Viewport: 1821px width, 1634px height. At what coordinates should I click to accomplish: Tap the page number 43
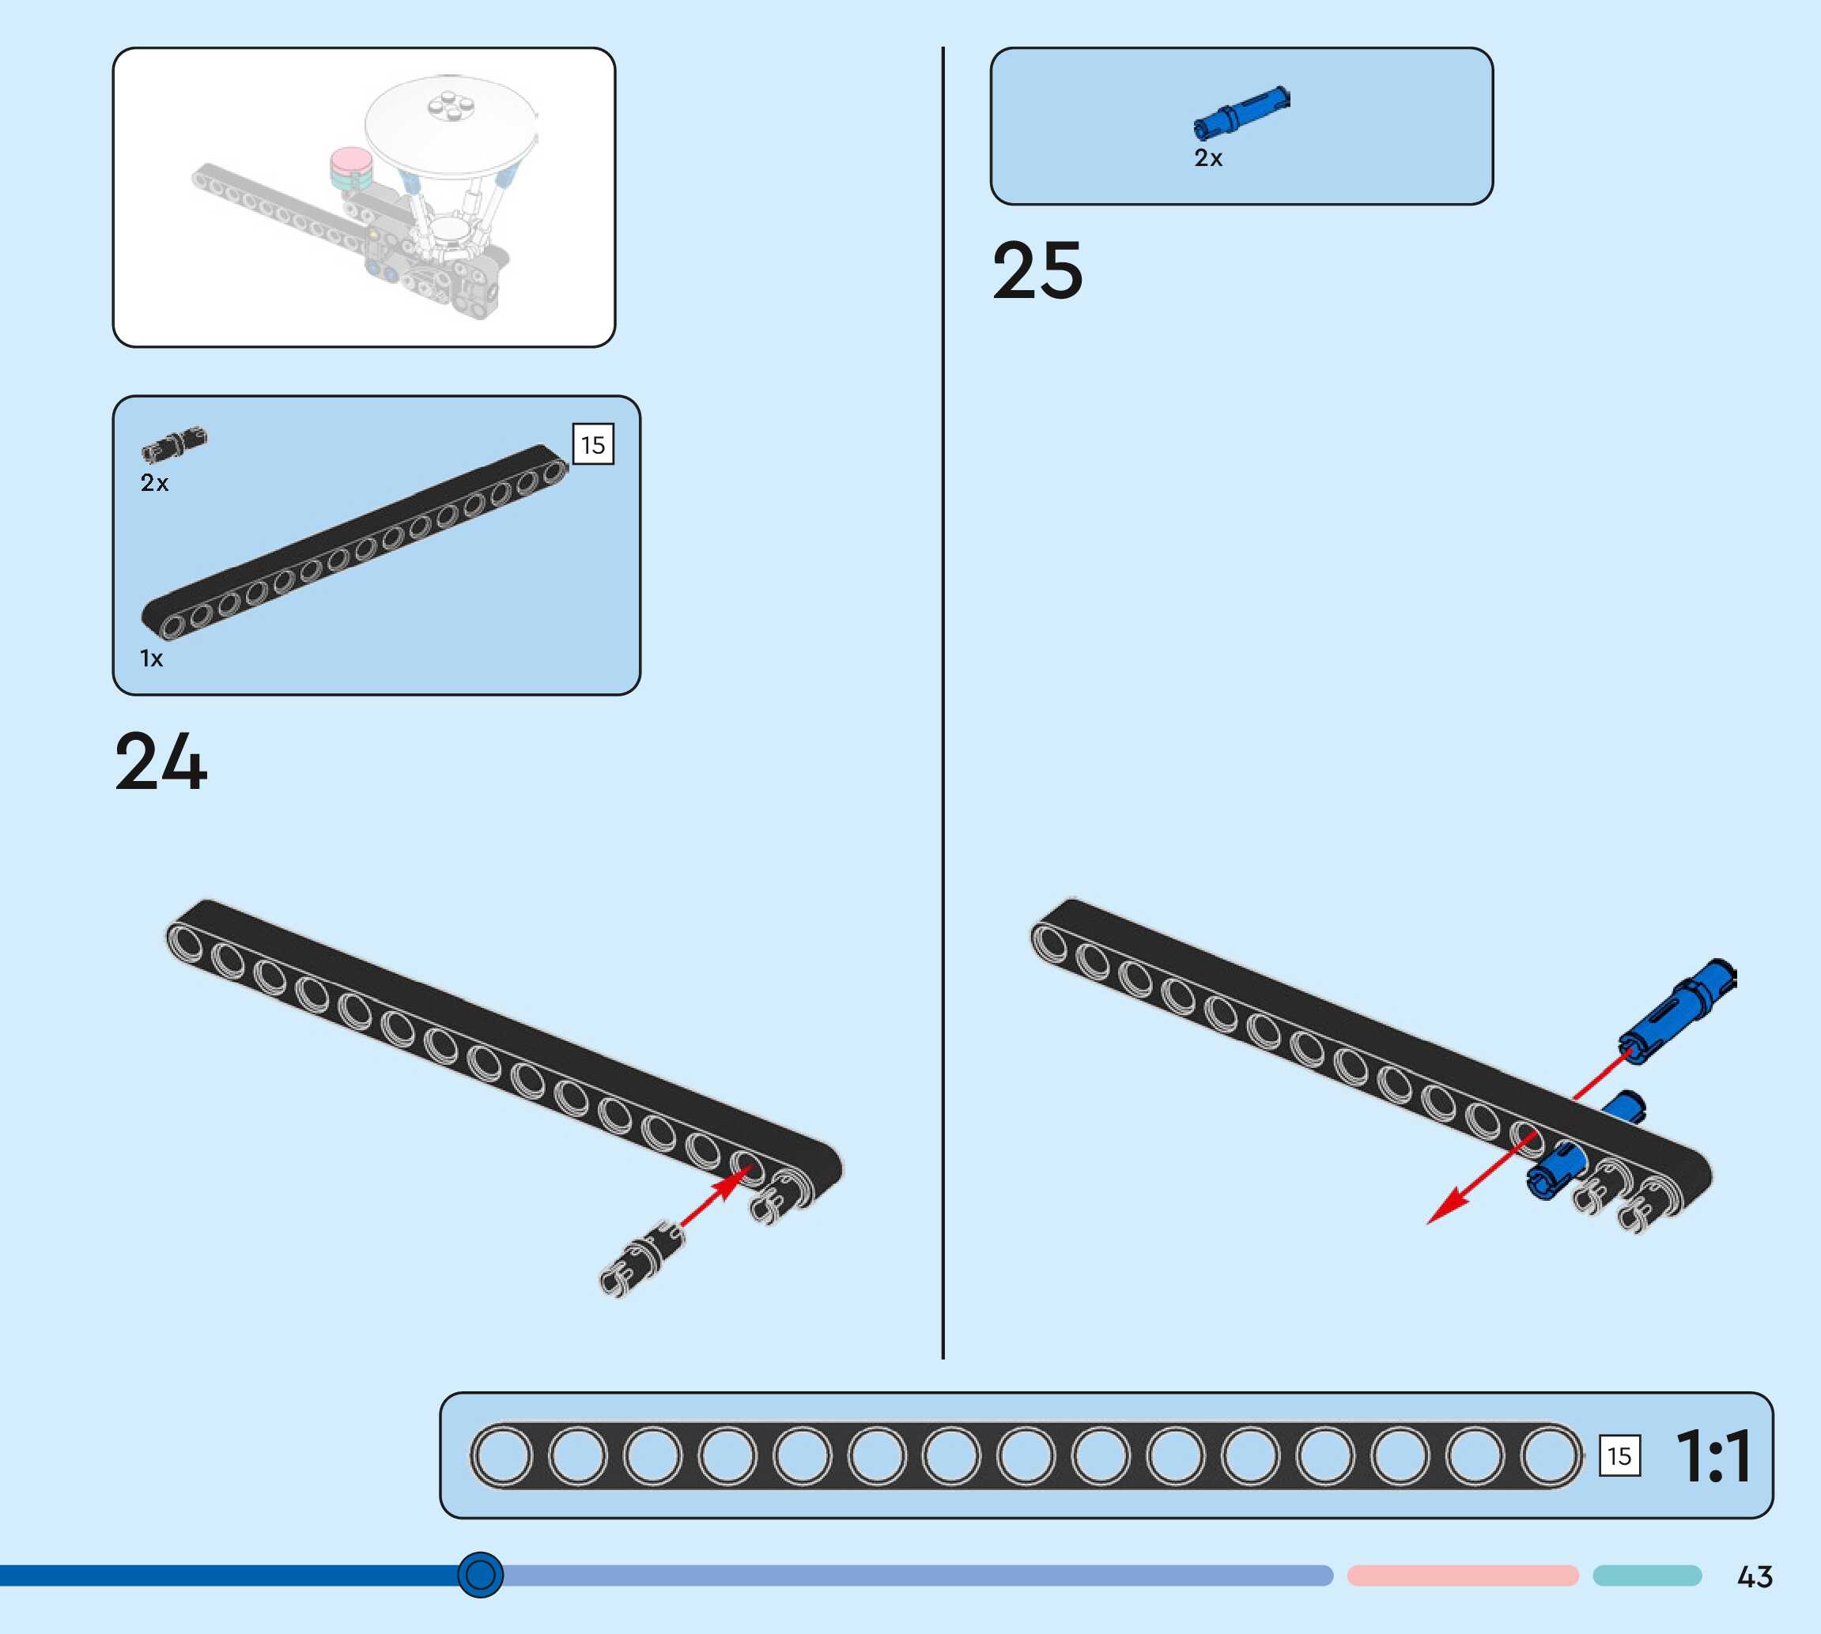[1754, 1576]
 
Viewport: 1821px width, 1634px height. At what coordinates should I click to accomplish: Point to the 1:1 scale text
[1713, 1455]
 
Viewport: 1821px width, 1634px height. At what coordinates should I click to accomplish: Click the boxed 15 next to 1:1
[1619, 1455]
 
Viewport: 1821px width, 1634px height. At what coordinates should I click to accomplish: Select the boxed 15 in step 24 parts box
[592, 444]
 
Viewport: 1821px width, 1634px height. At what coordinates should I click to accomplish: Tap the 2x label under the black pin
[154, 483]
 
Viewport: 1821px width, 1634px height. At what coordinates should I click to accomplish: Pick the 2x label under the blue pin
[1207, 159]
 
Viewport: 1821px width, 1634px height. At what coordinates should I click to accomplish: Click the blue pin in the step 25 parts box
[1241, 113]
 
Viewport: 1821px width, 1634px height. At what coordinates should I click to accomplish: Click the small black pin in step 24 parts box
[174, 444]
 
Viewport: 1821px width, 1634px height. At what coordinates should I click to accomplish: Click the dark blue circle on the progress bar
[481, 1575]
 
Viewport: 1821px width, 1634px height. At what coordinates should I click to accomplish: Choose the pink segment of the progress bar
[1462, 1576]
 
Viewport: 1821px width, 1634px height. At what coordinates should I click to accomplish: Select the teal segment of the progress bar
[1647, 1576]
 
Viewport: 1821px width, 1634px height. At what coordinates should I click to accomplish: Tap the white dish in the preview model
[451, 121]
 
